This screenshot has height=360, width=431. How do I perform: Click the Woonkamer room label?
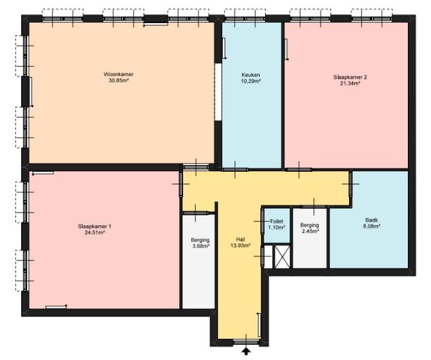click(x=118, y=74)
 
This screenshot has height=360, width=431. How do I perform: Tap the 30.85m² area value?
click(x=119, y=81)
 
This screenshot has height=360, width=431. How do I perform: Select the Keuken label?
click(x=251, y=75)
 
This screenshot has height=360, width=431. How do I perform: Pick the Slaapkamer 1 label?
click(x=95, y=227)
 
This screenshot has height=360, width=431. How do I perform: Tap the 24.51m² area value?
click(x=95, y=233)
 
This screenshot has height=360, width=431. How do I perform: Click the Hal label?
click(x=240, y=240)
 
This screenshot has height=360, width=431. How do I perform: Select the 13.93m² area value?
click(x=240, y=246)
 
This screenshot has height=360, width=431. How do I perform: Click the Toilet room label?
click(x=276, y=221)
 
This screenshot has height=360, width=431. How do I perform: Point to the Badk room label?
click(x=372, y=220)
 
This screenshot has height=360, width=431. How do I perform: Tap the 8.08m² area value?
click(x=372, y=227)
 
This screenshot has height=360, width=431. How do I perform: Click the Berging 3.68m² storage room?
click(x=198, y=262)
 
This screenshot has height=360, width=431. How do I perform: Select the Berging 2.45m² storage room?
click(x=310, y=238)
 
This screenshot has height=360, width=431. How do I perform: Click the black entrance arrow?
click(x=246, y=351)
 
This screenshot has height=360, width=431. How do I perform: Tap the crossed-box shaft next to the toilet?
click(x=282, y=256)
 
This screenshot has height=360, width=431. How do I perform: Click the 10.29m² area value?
click(x=251, y=81)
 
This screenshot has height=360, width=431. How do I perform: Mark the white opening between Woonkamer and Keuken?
click(x=218, y=92)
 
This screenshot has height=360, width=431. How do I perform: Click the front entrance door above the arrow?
click(x=246, y=342)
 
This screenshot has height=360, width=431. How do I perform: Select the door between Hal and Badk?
click(x=351, y=184)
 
